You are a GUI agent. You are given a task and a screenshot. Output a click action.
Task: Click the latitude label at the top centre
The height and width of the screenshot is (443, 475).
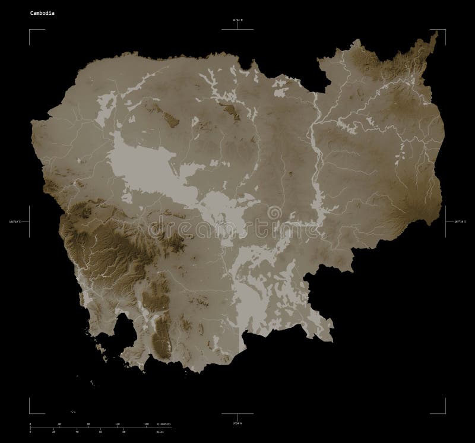[237, 21]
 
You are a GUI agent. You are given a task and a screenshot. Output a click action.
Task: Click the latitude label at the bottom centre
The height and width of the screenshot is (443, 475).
[237, 422]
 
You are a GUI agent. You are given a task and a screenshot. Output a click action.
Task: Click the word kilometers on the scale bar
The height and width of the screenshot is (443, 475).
[164, 425]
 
